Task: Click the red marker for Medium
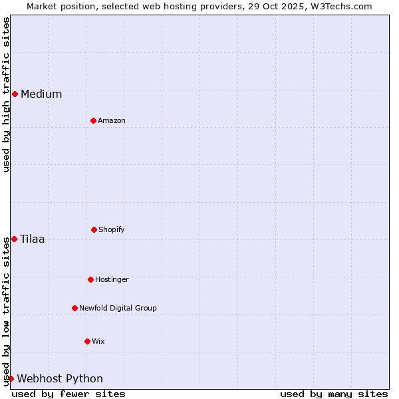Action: [15, 94]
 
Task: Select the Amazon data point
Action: [93, 120]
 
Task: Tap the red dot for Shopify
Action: [94, 229]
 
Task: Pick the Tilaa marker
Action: [14, 239]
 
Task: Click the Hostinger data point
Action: [90, 279]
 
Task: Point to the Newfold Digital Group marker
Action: [74, 308]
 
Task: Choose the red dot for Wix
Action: [87, 341]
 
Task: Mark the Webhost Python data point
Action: [11, 378]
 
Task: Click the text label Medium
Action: [41, 94]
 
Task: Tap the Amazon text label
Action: [112, 120]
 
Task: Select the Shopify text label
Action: [112, 229]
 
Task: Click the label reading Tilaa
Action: [33, 239]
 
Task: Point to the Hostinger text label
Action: [112, 279]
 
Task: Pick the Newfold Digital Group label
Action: [118, 308]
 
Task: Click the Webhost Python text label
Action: [60, 378]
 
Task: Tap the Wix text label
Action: [98, 341]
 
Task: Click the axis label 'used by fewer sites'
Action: [68, 394]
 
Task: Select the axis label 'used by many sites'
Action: [334, 394]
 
